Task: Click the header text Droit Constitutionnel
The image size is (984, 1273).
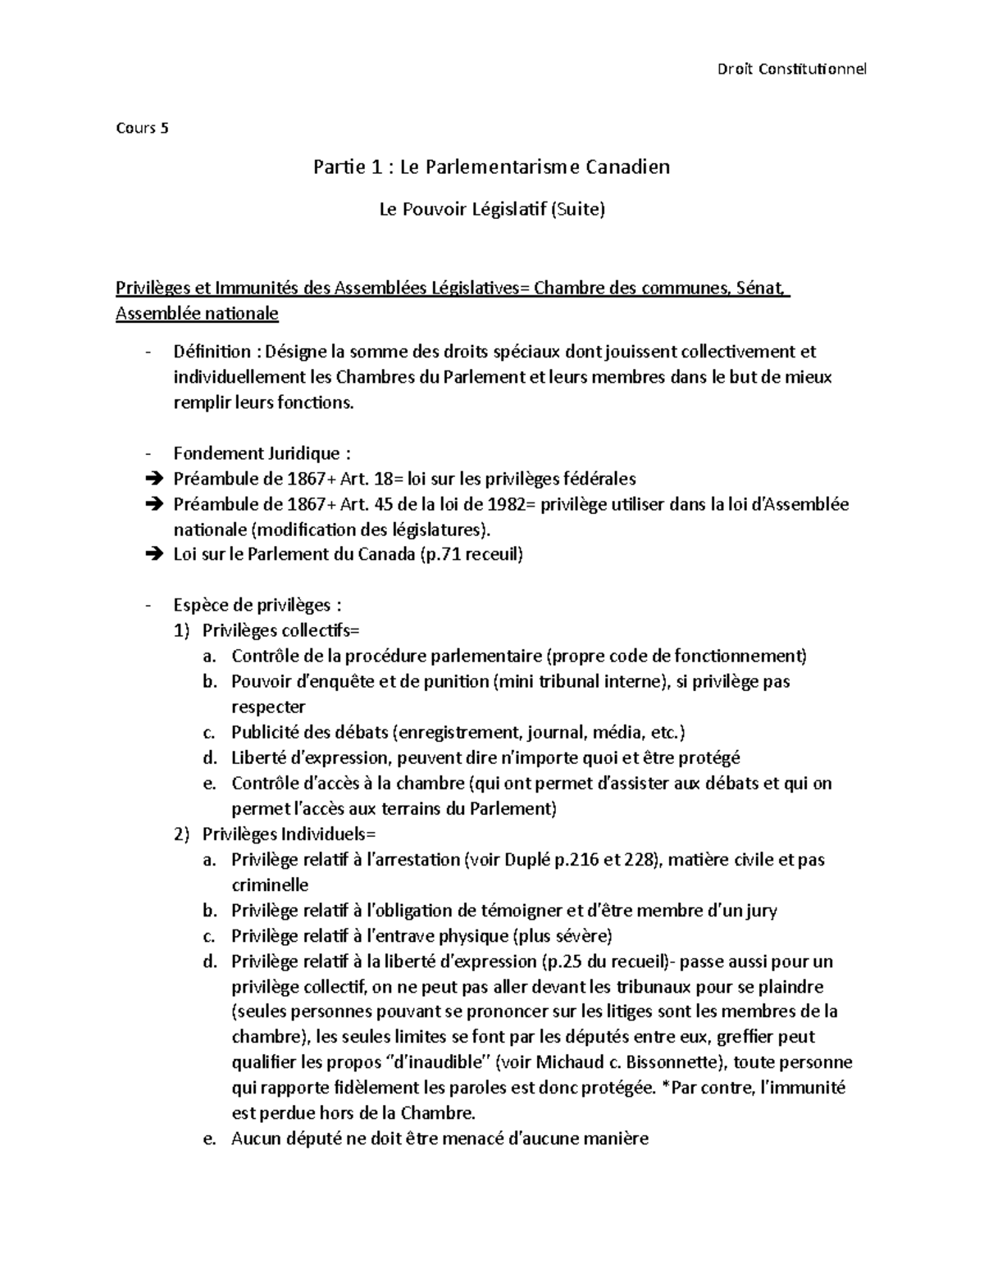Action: point(791,68)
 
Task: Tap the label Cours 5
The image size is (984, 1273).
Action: point(142,128)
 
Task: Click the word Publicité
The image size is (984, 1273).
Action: point(266,732)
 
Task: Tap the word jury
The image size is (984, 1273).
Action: point(758,910)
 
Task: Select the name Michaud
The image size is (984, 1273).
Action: point(568,1062)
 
